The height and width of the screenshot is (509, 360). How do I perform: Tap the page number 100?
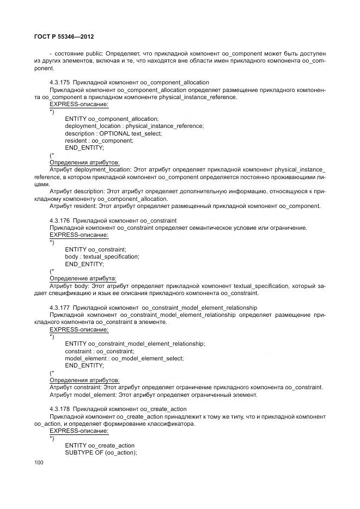coord(39,462)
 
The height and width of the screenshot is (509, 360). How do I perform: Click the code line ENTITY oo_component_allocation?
coord(112,119)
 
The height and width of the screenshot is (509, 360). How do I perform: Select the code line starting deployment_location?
coord(134,126)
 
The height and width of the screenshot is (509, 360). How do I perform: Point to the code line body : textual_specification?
coord(102,256)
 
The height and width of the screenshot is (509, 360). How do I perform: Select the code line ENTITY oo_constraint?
coord(95,249)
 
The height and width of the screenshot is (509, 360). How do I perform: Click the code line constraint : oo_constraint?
coord(99,351)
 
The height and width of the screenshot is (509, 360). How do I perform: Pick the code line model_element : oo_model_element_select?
coord(124,358)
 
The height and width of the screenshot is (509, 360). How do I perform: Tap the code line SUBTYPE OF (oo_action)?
coord(100,452)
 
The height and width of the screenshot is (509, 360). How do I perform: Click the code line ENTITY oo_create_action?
coord(99,445)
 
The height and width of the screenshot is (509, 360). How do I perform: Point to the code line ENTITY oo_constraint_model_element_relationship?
coord(135,344)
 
